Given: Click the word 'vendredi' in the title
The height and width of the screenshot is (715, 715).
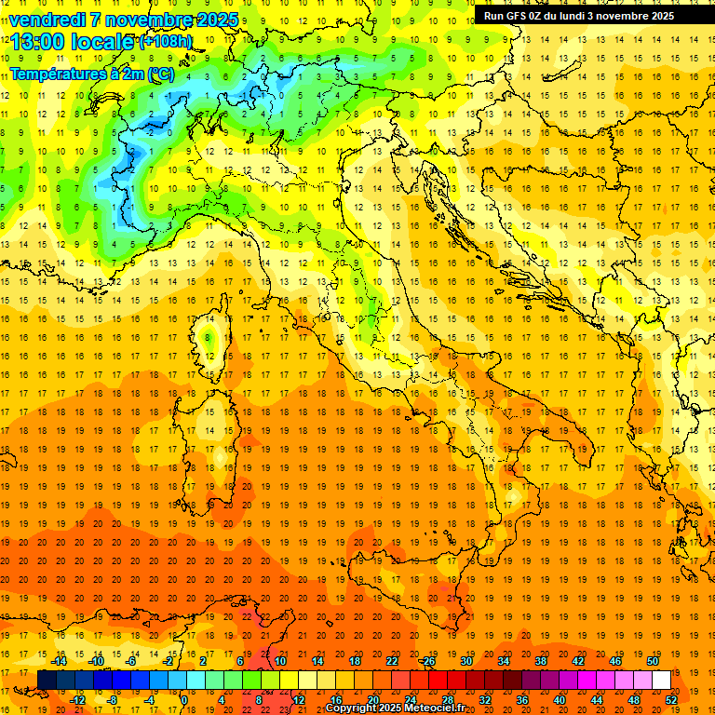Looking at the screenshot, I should [47, 20].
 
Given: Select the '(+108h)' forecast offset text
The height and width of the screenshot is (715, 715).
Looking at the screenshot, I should [166, 42].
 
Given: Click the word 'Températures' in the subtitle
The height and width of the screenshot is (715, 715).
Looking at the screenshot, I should [54, 74].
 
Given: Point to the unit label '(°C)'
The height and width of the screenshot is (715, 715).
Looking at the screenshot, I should [161, 74].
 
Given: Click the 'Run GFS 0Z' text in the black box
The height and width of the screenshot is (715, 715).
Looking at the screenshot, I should [516, 16].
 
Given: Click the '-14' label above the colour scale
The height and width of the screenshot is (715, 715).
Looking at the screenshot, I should [59, 661].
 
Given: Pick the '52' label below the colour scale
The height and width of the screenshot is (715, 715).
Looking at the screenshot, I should [671, 700].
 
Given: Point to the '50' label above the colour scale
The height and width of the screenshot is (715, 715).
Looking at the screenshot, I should [653, 661].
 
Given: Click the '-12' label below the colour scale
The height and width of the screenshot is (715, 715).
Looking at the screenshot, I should [77, 700].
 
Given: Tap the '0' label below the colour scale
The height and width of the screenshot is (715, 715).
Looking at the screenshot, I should [184, 700].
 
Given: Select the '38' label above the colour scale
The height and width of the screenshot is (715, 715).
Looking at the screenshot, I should [541, 661].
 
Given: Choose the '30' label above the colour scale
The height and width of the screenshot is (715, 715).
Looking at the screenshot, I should [466, 661].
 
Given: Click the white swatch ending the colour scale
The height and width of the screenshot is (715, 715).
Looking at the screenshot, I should [661, 681].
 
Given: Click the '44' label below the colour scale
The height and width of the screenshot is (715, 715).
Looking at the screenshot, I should [597, 700].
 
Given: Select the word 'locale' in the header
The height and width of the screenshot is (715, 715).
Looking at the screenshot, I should [105, 42].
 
